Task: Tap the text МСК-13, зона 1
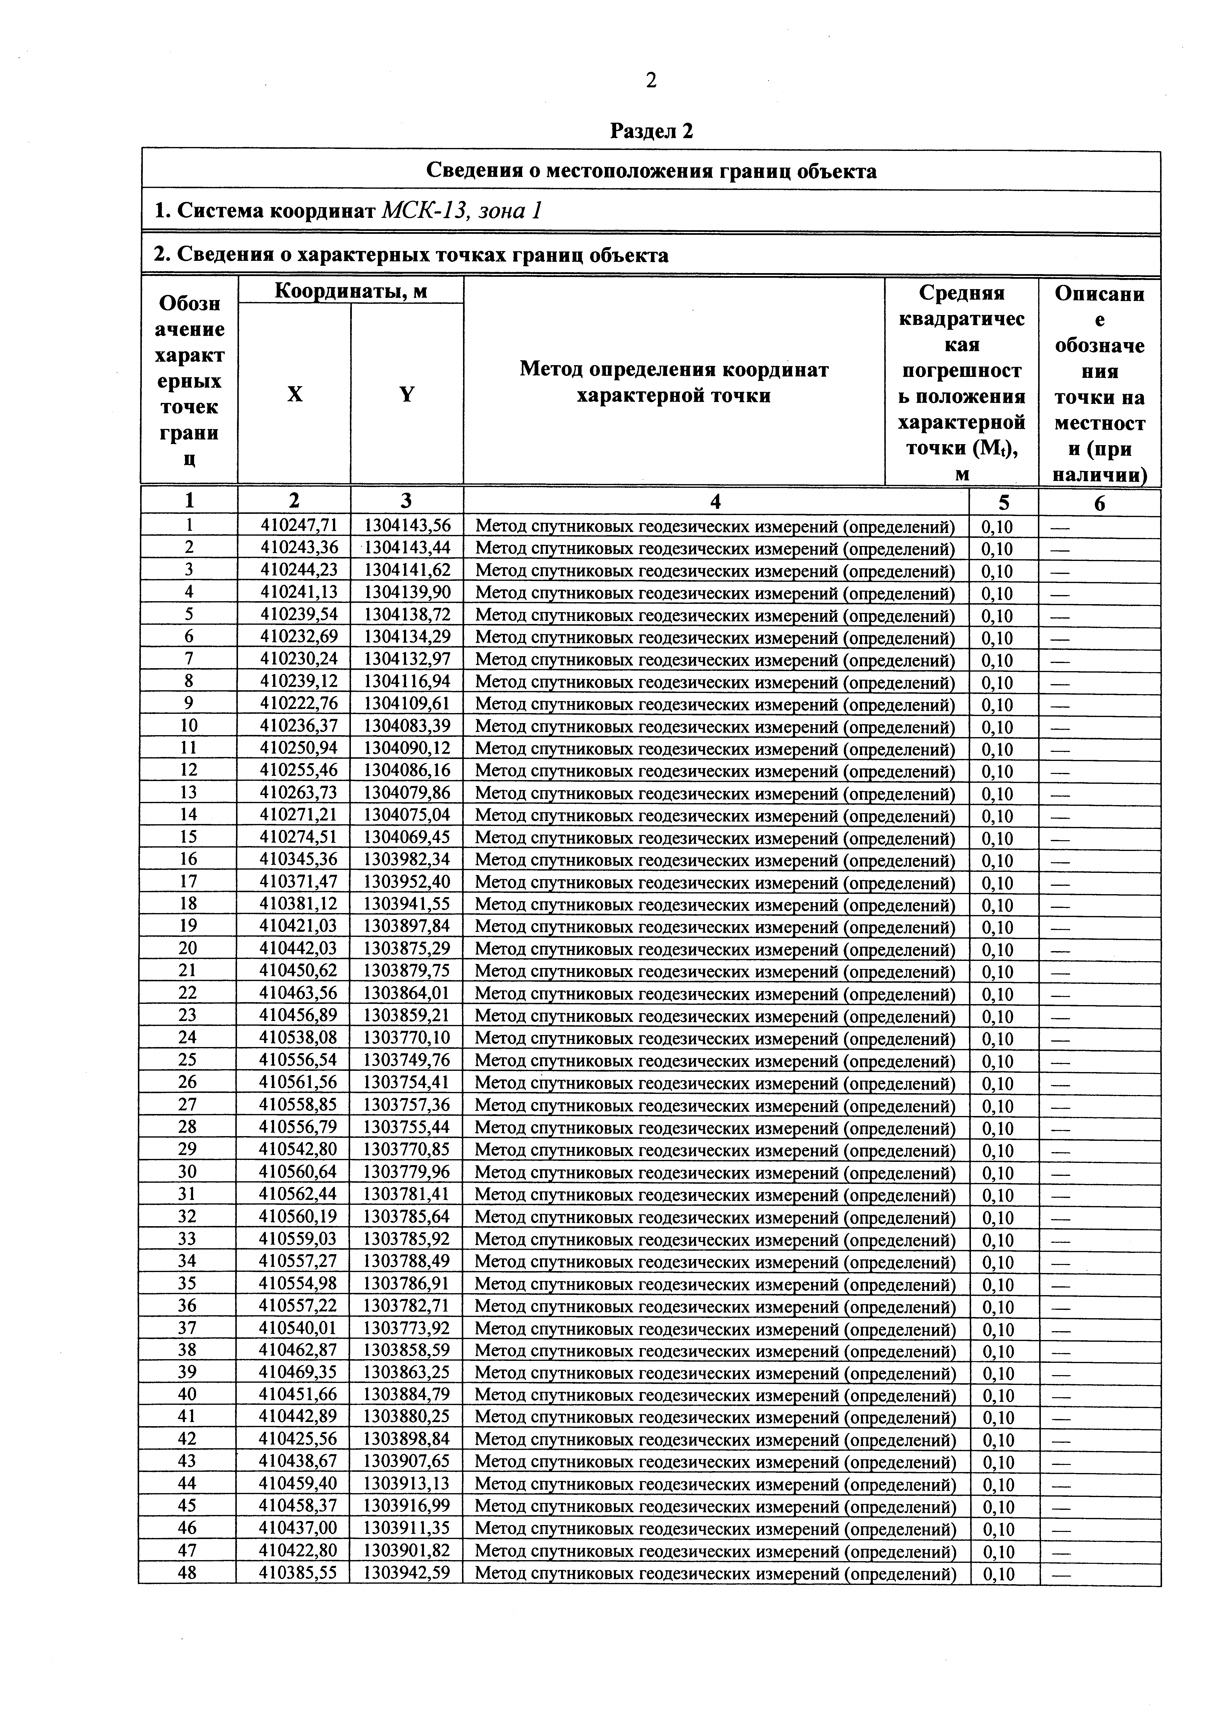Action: pyautogui.click(x=462, y=211)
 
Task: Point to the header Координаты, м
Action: pyautogui.click(x=350, y=291)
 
